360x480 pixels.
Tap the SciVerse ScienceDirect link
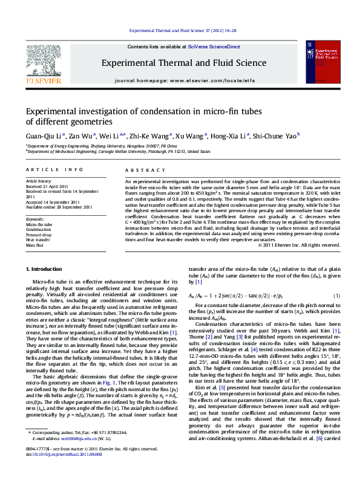click(214, 47)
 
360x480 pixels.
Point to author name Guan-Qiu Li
click(41, 137)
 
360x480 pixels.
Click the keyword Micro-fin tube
click(39, 224)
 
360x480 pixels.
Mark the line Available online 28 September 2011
click(59, 207)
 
